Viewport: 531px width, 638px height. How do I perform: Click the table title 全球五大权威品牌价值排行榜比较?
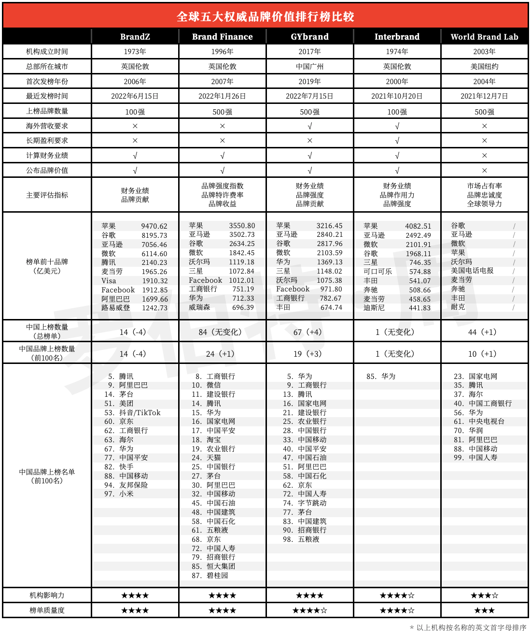click(265, 16)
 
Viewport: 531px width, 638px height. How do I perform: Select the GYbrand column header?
click(309, 37)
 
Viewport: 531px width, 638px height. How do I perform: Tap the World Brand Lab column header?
click(484, 37)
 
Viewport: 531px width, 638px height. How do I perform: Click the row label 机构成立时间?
click(47, 52)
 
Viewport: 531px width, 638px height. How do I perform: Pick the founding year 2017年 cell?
click(309, 52)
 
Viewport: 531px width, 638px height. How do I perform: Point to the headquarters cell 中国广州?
click(309, 67)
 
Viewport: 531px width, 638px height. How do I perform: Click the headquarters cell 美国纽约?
click(484, 67)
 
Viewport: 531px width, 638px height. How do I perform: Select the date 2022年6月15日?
click(135, 96)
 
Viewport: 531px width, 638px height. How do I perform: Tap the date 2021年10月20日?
click(397, 96)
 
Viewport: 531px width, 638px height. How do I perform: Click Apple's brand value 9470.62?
click(154, 226)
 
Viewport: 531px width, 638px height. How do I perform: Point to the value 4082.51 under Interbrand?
click(418, 226)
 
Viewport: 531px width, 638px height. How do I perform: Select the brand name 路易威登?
click(115, 308)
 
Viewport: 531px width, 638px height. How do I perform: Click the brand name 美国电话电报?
click(472, 271)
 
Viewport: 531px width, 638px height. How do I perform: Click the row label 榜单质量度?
click(47, 610)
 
